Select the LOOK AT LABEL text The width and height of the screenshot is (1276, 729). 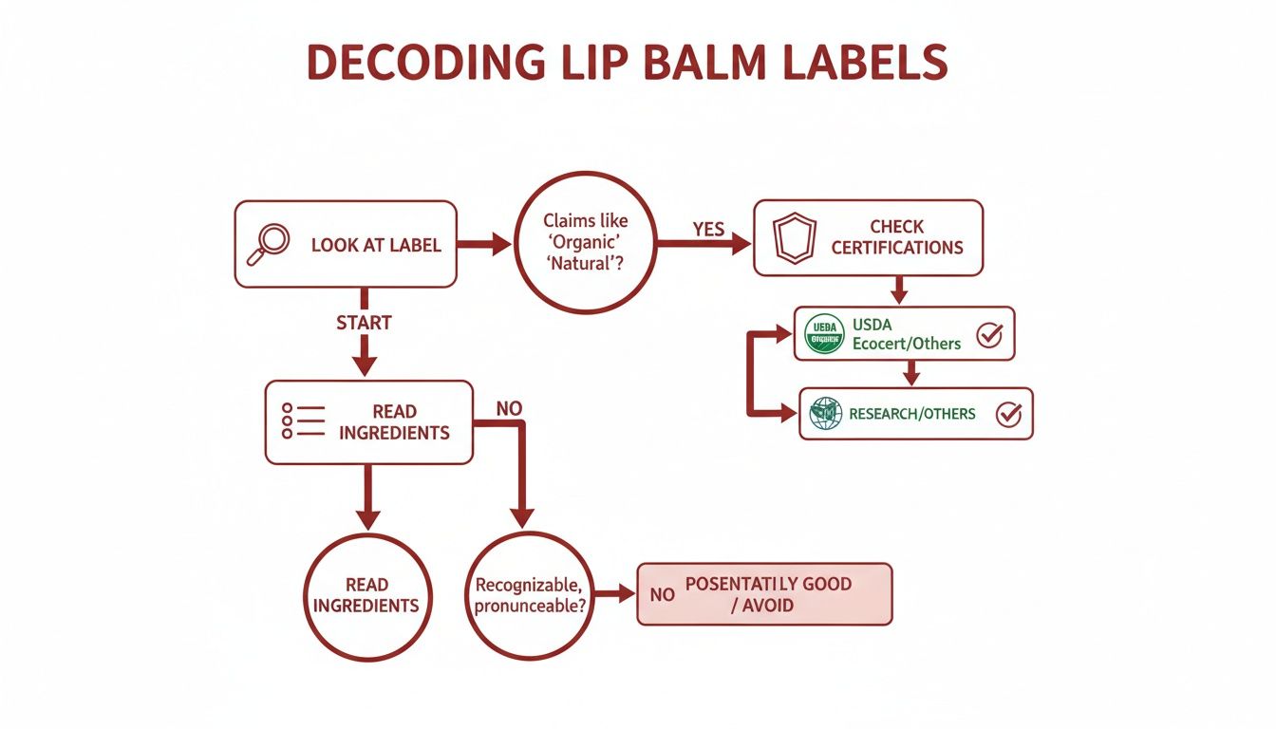point(376,245)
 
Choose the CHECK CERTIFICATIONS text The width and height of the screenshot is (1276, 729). point(897,237)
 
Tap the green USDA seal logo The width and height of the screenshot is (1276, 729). point(824,334)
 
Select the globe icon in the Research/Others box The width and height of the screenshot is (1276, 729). point(826,413)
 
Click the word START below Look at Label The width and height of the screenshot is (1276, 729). point(364,323)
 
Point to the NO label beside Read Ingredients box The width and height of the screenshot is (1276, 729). point(510,409)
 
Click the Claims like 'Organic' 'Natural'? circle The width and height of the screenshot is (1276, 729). point(586,243)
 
